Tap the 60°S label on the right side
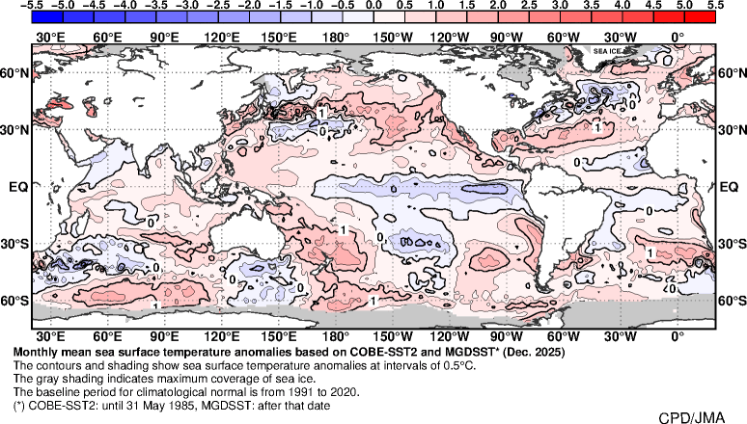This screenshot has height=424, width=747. coord(731,301)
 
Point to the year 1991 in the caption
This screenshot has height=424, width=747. coord(283,392)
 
